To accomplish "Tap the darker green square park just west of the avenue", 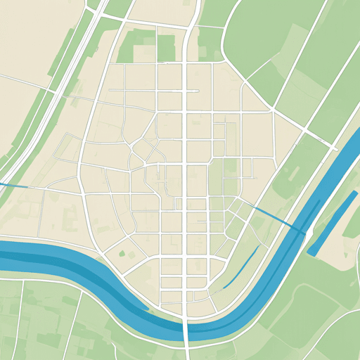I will coord(166,48).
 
